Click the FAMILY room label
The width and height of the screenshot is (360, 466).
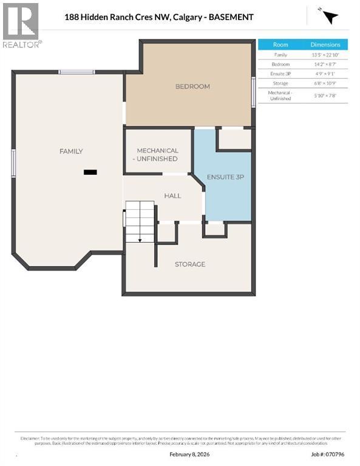[71, 151]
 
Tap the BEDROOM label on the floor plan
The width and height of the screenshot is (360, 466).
[192, 86]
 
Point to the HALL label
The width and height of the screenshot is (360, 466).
[173, 196]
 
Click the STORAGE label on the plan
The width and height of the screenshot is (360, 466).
[190, 264]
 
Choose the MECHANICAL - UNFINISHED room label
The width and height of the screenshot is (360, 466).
[157, 154]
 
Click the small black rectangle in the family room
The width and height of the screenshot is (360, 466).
[90, 172]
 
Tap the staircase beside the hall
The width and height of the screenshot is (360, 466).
[140, 221]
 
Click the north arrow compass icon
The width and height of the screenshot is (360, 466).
[330, 16]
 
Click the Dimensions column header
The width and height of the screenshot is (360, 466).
[325, 45]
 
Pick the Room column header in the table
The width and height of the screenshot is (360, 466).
[280, 45]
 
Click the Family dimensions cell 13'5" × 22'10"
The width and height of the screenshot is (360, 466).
[325, 55]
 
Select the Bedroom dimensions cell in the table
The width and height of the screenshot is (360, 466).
[325, 64]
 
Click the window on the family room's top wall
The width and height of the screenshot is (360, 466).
[76, 72]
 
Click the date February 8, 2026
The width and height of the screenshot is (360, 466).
[190, 454]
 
